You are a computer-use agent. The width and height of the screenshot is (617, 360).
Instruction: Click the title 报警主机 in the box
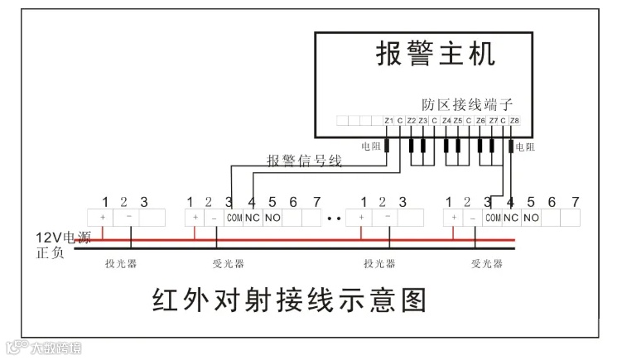coord(436,55)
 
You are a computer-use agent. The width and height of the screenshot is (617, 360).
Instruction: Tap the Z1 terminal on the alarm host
coord(388,122)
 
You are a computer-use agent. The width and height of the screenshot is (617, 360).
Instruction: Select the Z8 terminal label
coord(514,122)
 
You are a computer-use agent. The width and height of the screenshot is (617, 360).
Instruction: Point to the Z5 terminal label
coord(458,122)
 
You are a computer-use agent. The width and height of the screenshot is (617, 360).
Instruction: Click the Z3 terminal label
coord(422,122)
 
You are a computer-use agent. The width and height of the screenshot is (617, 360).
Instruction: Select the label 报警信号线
coord(304,161)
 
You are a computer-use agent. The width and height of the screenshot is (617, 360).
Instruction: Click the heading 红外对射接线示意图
coord(289,300)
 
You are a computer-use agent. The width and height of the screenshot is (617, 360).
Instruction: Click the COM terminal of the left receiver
coord(234,218)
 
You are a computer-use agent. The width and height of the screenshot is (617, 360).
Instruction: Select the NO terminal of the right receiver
coord(531,218)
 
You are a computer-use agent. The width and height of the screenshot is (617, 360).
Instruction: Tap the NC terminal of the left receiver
coord(253,218)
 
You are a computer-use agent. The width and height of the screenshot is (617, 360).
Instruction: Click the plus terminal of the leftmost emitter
coord(104,217)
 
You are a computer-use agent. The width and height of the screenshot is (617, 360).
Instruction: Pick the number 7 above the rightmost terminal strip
coord(575,201)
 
